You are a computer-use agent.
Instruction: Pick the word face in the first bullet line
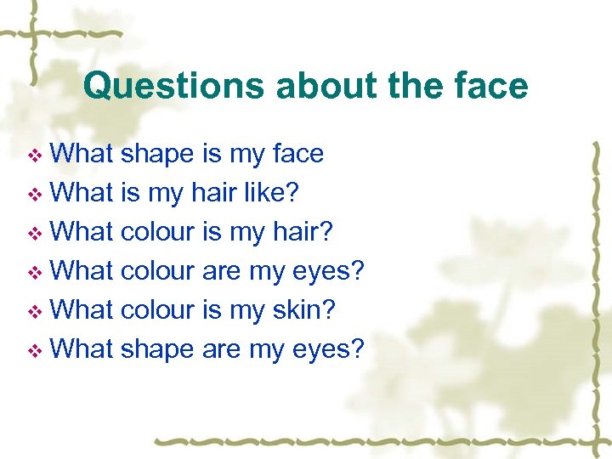[x=297, y=154]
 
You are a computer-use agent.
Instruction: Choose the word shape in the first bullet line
[x=157, y=155]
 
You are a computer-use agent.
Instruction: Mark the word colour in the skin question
[x=158, y=310]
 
